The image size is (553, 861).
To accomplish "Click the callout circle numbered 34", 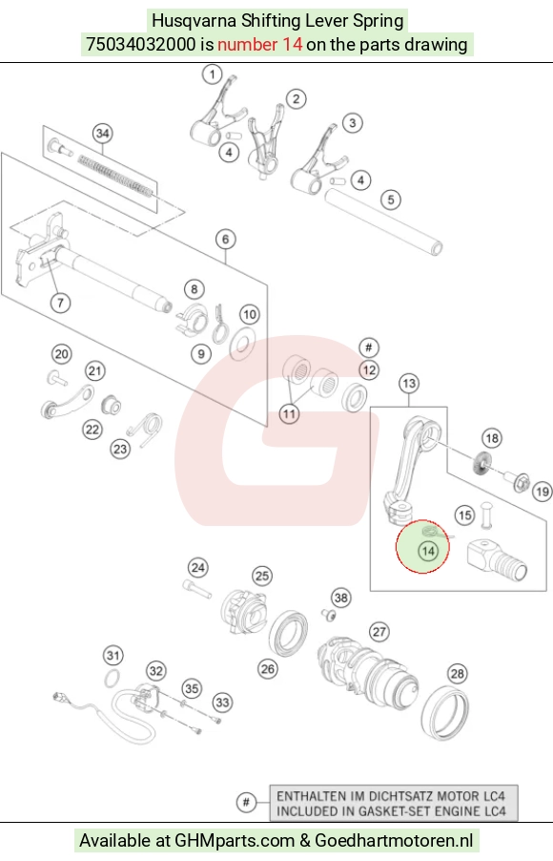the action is click(103, 134).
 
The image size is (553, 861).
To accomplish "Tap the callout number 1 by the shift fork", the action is click(213, 74).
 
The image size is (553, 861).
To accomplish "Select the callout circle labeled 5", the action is click(391, 199).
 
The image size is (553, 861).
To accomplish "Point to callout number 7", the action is click(60, 302).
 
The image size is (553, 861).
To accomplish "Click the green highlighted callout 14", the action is click(428, 551).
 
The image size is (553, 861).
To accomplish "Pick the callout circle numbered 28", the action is click(457, 673).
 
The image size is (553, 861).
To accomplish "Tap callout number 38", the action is click(341, 598).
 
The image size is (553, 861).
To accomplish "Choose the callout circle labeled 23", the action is click(120, 450).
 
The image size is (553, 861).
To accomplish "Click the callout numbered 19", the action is click(542, 491).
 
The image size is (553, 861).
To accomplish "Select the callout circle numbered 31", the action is click(113, 655).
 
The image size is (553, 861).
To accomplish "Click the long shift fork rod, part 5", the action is click(383, 221).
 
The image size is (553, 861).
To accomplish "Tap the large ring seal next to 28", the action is click(448, 712).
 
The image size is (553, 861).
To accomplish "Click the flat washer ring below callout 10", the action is click(242, 344).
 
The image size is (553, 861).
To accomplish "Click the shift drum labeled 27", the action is click(369, 671).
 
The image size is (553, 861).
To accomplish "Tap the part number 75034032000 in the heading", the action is click(141, 44).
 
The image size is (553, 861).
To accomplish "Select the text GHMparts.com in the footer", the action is click(235, 840).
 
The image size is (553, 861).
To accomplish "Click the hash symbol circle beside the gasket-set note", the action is click(246, 802).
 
